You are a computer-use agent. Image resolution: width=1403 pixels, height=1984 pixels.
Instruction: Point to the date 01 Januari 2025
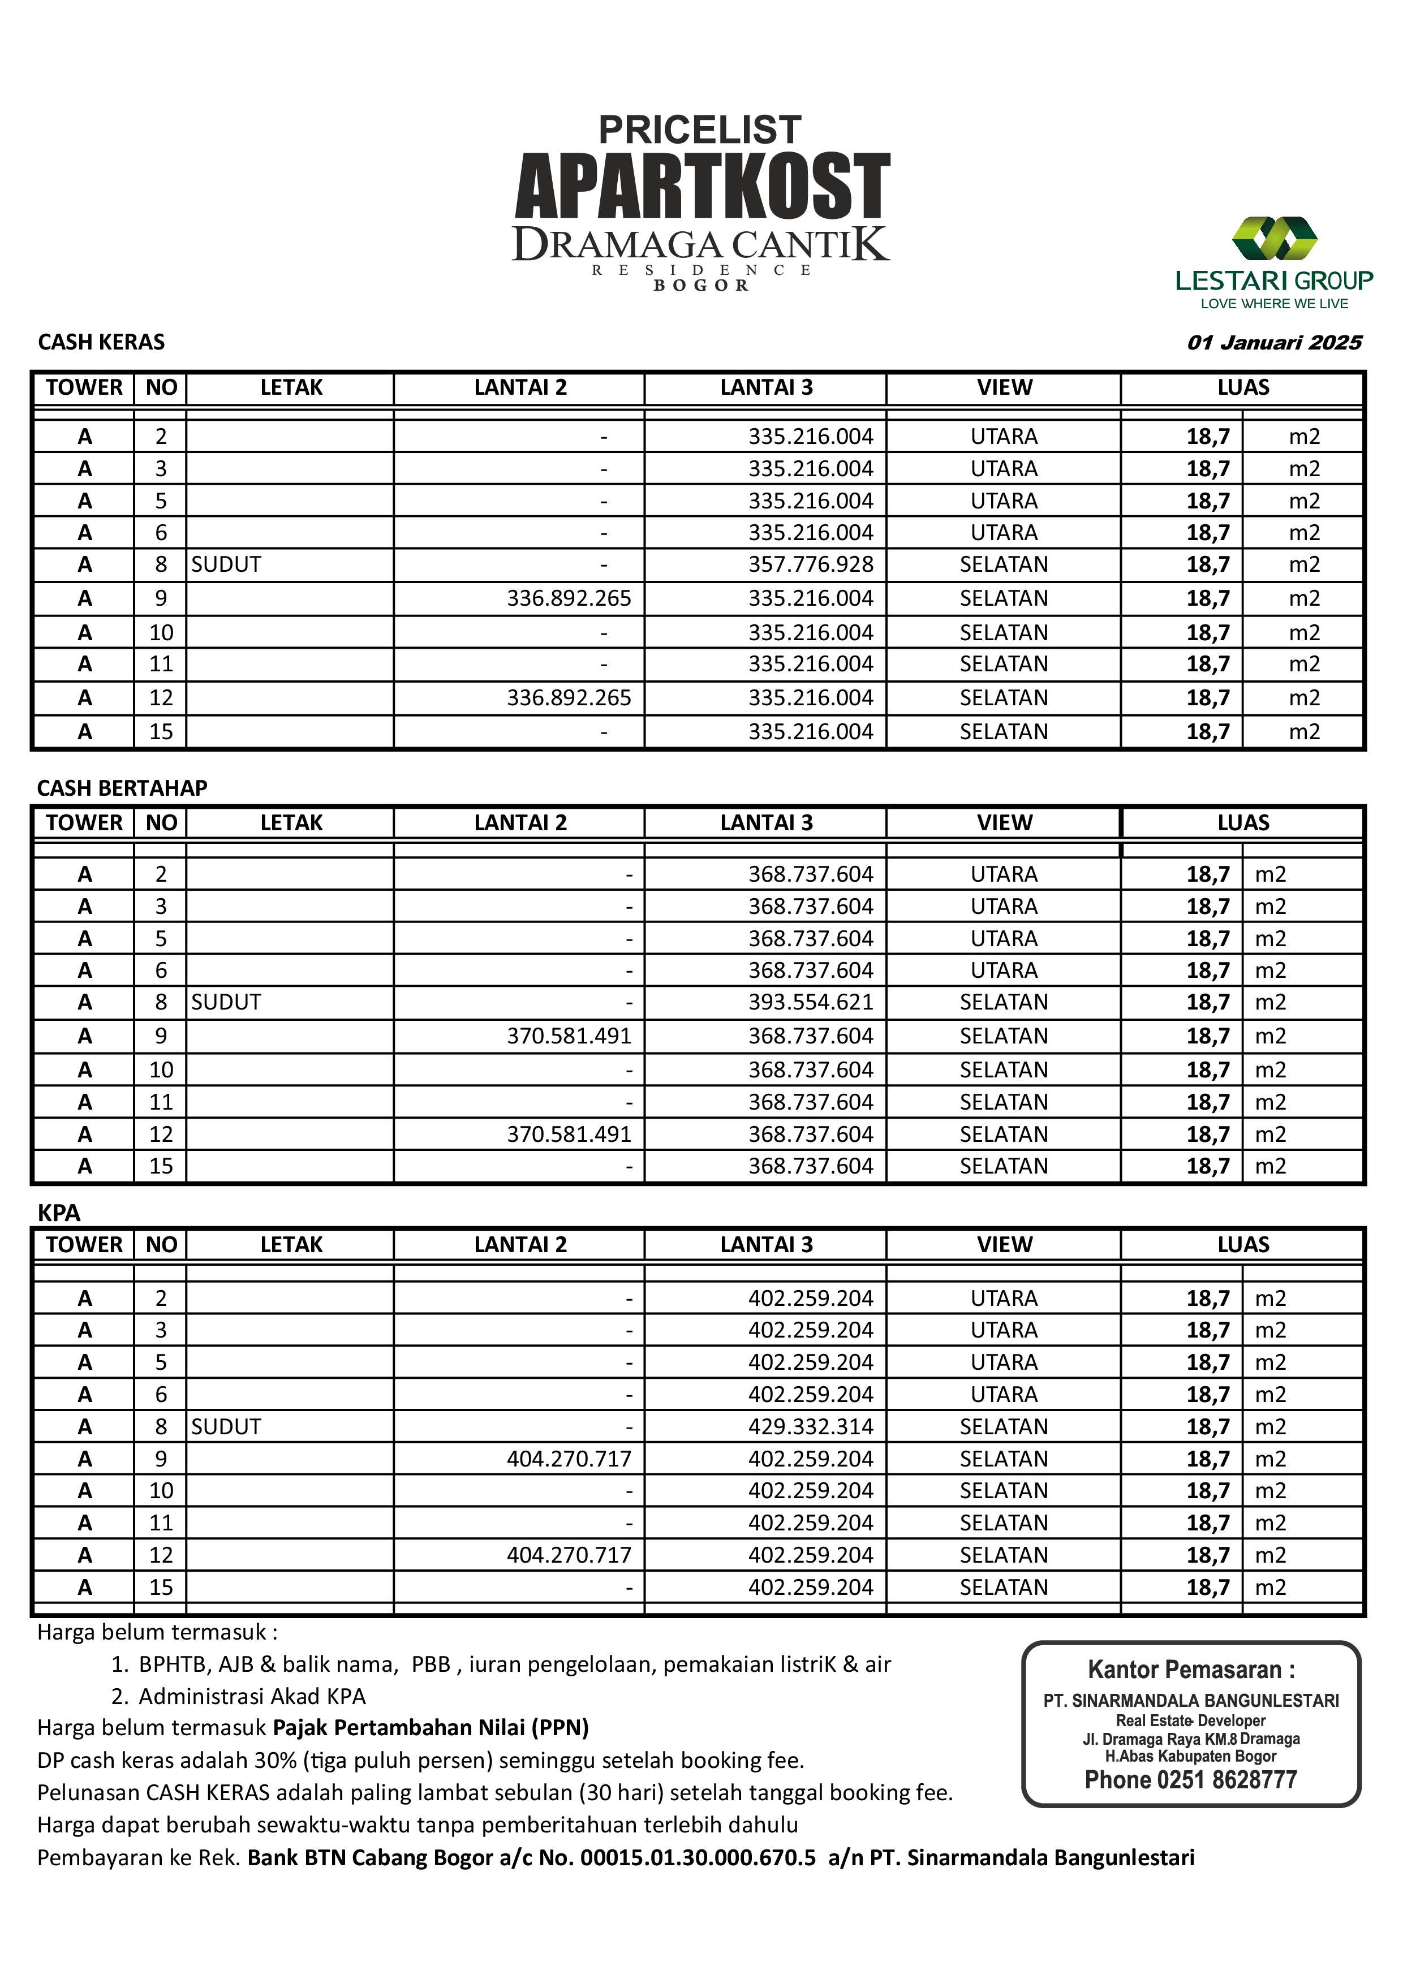click(1273, 342)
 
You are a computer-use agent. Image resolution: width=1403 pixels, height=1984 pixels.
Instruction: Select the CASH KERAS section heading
click(101, 342)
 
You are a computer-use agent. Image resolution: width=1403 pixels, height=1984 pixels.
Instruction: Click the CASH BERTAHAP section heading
click(122, 788)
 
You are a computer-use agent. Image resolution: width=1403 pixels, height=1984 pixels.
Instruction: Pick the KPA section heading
click(59, 1213)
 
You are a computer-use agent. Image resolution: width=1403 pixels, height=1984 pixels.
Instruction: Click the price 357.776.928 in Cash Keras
click(810, 565)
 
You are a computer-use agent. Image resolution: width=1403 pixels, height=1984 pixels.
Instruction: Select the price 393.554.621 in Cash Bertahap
click(810, 1002)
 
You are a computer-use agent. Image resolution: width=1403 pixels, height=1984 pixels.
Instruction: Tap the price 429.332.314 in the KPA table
click(810, 1427)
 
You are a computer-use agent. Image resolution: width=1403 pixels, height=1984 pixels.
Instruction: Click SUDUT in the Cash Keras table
click(226, 565)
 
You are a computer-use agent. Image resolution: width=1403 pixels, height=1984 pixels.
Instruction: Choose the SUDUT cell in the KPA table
click(226, 1427)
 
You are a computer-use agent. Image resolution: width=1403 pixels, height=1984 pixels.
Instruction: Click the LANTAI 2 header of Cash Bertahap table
click(519, 823)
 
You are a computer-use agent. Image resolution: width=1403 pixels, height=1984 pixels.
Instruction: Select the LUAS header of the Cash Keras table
click(1242, 387)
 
